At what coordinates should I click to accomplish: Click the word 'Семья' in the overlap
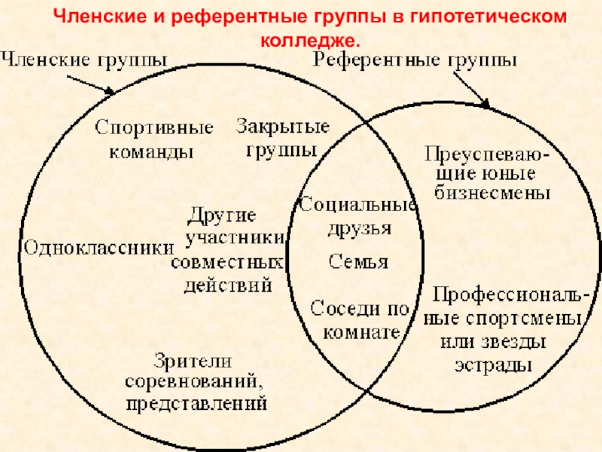(x=359, y=262)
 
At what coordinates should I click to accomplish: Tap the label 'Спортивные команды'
(x=154, y=139)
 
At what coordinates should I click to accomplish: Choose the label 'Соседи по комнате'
(x=359, y=320)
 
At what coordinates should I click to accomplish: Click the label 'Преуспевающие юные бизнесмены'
(x=492, y=174)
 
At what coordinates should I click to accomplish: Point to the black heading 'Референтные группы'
(x=415, y=61)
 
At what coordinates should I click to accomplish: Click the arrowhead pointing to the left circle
(x=111, y=93)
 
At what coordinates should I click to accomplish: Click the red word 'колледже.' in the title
(x=310, y=38)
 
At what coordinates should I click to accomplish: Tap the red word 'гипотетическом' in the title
(x=488, y=17)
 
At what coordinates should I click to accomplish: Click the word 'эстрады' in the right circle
(x=493, y=366)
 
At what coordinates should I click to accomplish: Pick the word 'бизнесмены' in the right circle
(x=494, y=193)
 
